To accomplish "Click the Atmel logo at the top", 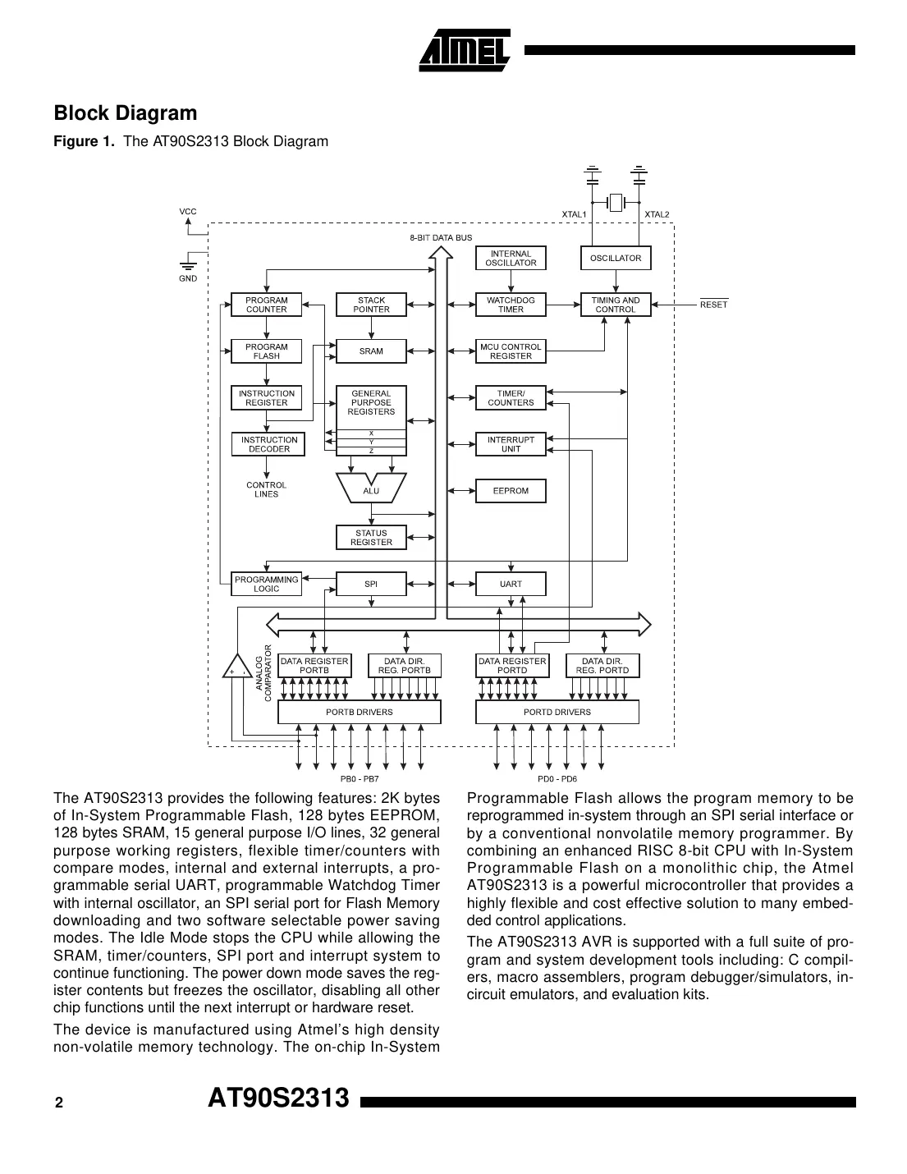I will click(465, 50).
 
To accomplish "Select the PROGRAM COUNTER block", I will click(266, 305).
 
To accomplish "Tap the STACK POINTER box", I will click(371, 305).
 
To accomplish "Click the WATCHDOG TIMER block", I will click(511, 305).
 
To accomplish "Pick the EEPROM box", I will click(511, 491).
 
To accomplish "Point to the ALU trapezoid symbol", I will click(371, 489).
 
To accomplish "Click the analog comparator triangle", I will click(237, 667).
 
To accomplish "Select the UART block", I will click(511, 584).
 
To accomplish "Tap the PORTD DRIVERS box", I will click(557, 712).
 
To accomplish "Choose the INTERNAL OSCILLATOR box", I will click(511, 258).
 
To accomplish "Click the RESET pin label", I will click(713, 305).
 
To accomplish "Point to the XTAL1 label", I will click(574, 214).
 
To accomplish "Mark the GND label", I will click(188, 278).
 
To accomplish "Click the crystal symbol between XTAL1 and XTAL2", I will click(616, 201).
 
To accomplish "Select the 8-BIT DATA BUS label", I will click(441, 238).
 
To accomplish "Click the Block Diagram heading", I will click(126, 113).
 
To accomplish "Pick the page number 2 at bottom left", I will click(58, 1103).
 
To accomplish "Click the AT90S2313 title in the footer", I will click(278, 1098).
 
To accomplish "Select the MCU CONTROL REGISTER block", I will click(511, 351).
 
